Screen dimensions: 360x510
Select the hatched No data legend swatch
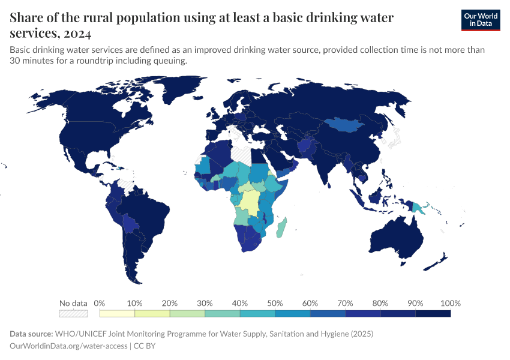pyautogui.click(x=73, y=313)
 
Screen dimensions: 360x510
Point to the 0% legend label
pyautogui.click(x=100, y=303)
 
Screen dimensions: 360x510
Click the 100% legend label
pyautogui.click(x=450, y=303)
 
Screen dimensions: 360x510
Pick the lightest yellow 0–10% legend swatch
pyautogui.click(x=117, y=313)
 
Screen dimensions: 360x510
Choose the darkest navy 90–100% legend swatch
pyautogui.click(x=433, y=313)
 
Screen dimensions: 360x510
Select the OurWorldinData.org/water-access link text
pyautogui.click(x=68, y=346)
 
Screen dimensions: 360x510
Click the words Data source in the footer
pyautogui.click(x=31, y=334)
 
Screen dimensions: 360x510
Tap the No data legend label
pyautogui.click(x=73, y=303)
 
